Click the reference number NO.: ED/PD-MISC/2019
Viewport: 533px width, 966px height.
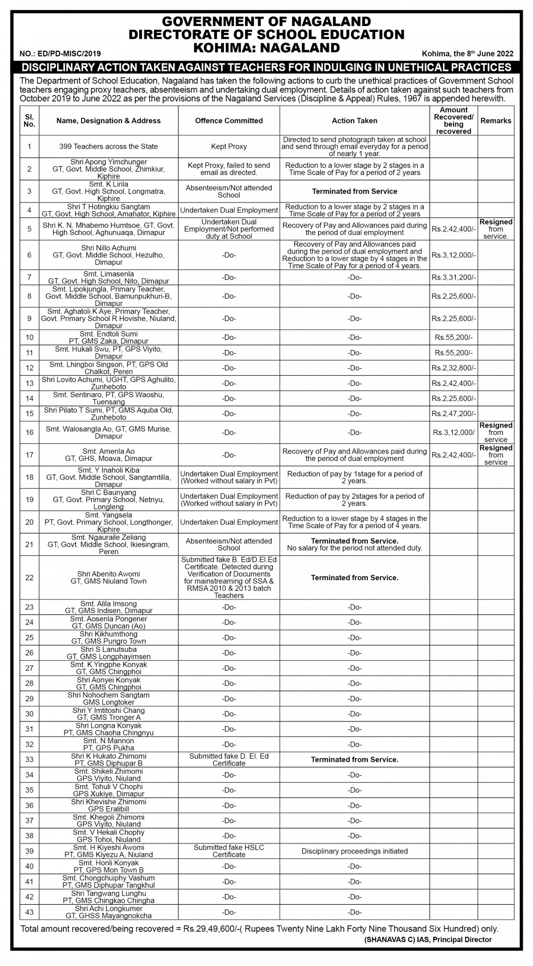[x=60, y=54]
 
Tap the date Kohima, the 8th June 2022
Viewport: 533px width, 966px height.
[x=467, y=54]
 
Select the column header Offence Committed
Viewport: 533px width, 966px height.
[x=229, y=121]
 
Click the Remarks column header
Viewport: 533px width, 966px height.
[x=496, y=121]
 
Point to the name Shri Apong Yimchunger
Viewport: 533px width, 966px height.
[x=109, y=162]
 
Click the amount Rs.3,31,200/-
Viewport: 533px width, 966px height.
[x=454, y=278]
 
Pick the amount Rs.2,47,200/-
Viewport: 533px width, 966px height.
[x=454, y=414]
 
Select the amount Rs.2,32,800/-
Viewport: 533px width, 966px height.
[x=454, y=368]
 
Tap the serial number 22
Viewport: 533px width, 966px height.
[x=29, y=578]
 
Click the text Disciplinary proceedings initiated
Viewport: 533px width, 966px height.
[x=354, y=851]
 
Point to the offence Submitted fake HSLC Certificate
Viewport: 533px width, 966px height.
[x=229, y=851]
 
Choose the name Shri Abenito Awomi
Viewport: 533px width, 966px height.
[x=109, y=574]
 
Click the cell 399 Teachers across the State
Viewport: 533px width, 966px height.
[x=109, y=147]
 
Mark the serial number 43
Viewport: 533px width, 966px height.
[x=29, y=913]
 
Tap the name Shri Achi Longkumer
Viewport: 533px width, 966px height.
[x=109, y=909]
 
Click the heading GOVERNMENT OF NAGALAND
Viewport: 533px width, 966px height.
[x=266, y=22]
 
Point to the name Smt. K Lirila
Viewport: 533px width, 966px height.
[x=109, y=184]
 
